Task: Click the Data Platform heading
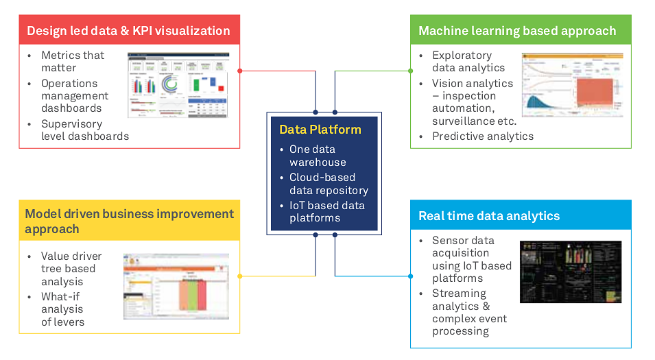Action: [x=320, y=129]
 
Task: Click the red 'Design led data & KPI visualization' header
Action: [x=129, y=31]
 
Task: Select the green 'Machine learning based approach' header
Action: [x=517, y=31]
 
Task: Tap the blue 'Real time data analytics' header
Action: [x=489, y=216]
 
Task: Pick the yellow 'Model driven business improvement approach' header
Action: [x=129, y=221]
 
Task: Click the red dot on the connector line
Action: [x=239, y=71]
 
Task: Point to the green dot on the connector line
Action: [x=410, y=71]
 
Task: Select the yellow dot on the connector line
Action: [x=239, y=276]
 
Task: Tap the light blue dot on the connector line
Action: [x=410, y=276]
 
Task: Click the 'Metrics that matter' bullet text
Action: [x=73, y=62]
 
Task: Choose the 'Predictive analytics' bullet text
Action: [x=483, y=136]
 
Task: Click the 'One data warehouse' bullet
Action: [x=318, y=156]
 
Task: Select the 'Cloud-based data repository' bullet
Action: [x=329, y=184]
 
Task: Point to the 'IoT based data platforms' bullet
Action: [x=326, y=211]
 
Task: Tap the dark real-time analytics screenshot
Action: [x=571, y=272]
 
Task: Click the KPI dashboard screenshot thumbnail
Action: [x=178, y=85]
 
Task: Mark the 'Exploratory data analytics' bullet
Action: [x=468, y=61]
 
